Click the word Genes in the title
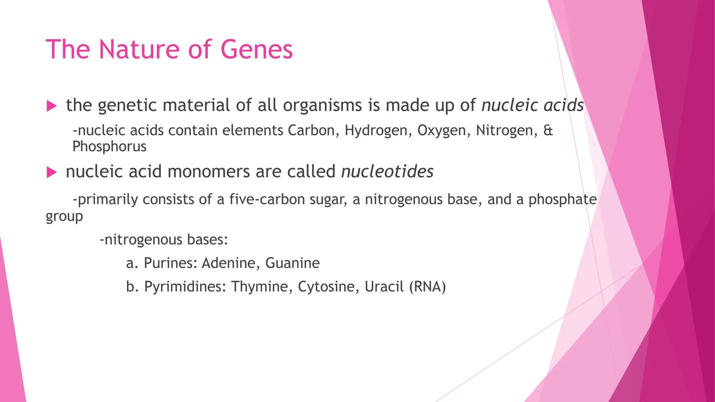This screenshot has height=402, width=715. (x=257, y=50)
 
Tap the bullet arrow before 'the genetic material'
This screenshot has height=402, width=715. (x=52, y=106)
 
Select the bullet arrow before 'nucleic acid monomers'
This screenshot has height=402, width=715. (x=52, y=172)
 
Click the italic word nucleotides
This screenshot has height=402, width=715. (x=387, y=172)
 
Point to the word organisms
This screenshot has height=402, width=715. (x=322, y=106)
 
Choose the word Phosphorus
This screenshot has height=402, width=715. (x=109, y=147)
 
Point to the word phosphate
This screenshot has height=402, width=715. (x=563, y=200)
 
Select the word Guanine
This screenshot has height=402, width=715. (x=292, y=263)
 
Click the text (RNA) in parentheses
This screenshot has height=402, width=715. (x=428, y=287)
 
